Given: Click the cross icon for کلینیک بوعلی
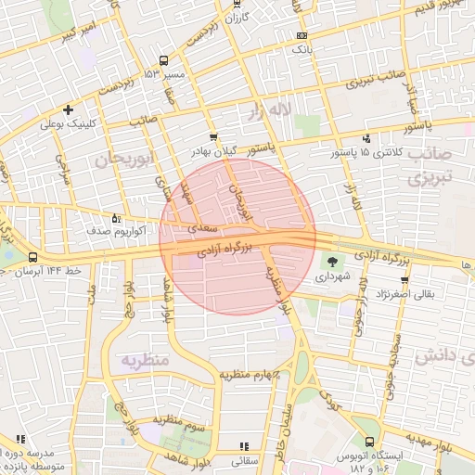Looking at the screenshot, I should click(69, 109).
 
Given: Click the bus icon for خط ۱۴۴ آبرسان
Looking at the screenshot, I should click(33, 257).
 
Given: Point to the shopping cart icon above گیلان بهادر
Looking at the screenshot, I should click(213, 136).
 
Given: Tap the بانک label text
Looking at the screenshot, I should click(318, 44).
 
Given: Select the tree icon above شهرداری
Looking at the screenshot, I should click(332, 262).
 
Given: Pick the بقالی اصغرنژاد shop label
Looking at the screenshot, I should click(434, 294).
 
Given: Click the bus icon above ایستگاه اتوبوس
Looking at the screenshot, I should click(371, 442).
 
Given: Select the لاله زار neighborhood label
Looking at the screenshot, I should click(268, 112).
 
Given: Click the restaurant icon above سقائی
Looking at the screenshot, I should click(244, 446).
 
